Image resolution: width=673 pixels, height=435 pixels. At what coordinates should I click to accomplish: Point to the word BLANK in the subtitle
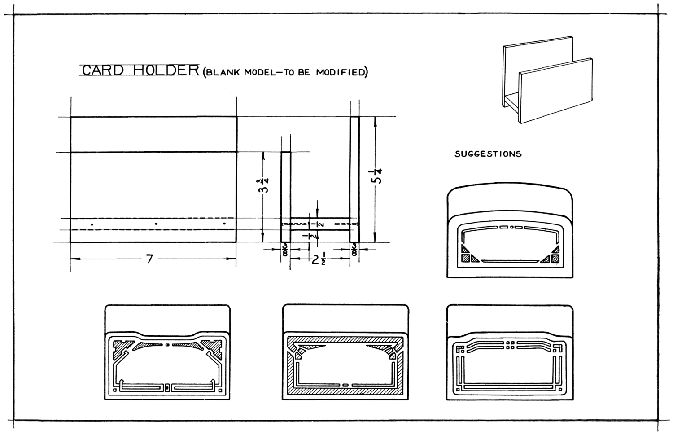point(223,73)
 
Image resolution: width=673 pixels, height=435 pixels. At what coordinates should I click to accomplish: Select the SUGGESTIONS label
point(488,154)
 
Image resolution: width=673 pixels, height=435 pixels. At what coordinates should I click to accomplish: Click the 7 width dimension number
point(150,259)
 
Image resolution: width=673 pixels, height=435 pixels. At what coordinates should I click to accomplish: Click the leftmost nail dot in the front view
point(92,224)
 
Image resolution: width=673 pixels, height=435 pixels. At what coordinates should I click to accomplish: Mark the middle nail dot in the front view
point(156,224)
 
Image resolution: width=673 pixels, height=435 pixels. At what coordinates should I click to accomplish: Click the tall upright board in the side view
point(354,180)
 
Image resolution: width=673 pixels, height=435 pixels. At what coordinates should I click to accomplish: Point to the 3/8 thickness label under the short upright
point(286,250)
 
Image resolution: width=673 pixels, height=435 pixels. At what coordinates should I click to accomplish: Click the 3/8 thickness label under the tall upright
point(354,250)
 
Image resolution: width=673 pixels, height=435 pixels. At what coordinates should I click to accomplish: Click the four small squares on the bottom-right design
point(510,345)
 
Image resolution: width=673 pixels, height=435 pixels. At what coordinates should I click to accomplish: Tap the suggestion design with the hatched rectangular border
point(345,353)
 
